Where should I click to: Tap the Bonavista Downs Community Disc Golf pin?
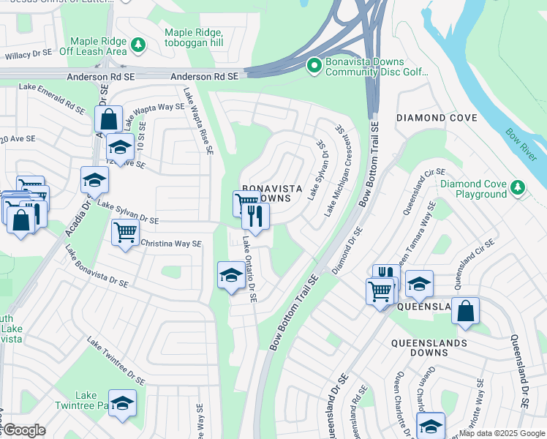(314, 67)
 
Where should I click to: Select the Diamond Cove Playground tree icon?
(518, 188)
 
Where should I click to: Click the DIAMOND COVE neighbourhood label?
(431, 118)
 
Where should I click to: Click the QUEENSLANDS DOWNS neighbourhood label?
(429, 348)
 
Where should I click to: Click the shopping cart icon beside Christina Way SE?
(125, 233)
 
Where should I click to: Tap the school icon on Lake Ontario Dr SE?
(231, 276)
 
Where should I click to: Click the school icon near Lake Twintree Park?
(122, 403)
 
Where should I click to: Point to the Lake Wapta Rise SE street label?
(198, 121)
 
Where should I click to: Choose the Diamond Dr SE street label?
(347, 250)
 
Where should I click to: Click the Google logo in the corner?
(23, 431)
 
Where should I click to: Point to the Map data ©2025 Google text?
(502, 433)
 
